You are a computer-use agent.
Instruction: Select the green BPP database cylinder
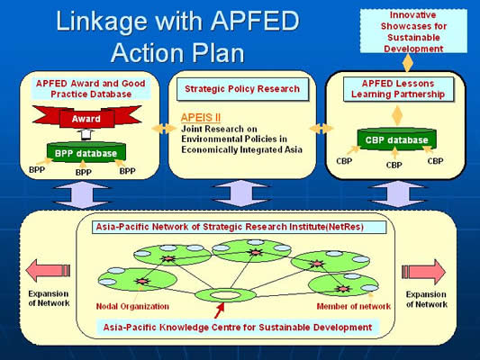tap(86, 152)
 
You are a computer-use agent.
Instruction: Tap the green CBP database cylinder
tap(397, 139)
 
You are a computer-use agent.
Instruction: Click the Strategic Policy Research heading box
tap(242, 89)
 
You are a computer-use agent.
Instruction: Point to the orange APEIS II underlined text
tap(201, 118)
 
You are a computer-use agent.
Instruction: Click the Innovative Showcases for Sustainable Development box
tap(413, 31)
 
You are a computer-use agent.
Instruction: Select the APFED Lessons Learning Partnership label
tap(398, 89)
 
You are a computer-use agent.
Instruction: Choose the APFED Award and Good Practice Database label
tap(91, 89)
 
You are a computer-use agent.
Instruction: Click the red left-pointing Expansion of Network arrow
tap(48, 270)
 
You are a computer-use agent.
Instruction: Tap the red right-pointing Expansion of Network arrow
tap(423, 271)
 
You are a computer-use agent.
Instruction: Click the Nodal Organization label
tap(132, 307)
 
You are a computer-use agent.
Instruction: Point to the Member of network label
tap(354, 307)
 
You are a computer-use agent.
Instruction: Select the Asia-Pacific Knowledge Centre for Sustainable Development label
tap(238, 328)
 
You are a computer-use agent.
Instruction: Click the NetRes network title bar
tap(239, 228)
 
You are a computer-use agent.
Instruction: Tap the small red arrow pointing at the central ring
tap(219, 310)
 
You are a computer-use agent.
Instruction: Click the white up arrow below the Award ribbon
tap(86, 134)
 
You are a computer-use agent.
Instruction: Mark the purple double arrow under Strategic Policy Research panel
tap(241, 193)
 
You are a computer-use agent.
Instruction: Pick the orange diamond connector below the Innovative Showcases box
tap(407, 63)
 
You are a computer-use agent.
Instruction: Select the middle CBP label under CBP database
tap(394, 166)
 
